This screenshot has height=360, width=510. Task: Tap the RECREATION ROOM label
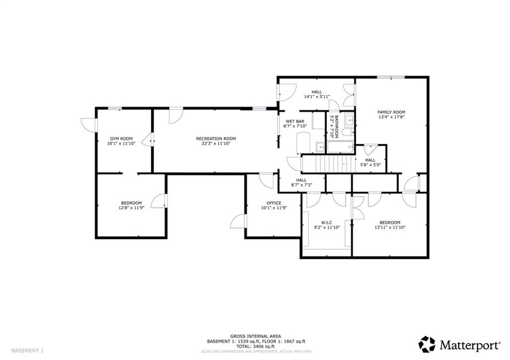216,138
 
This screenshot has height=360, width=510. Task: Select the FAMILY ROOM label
391,112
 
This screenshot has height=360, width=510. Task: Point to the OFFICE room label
273,203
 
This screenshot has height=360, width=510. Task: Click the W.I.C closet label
326,222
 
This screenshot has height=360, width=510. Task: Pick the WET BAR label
294,121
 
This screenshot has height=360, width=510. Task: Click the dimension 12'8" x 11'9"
131,208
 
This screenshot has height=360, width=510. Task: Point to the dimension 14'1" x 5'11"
317,97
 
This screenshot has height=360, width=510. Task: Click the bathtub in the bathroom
340,147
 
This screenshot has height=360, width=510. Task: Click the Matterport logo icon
426,344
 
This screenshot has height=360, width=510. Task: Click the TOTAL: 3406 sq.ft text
256,346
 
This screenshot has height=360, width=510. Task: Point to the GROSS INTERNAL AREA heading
256,336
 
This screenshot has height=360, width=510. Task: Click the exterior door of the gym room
88,125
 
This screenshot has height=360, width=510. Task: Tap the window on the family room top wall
391,77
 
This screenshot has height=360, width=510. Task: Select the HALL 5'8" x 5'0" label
370,162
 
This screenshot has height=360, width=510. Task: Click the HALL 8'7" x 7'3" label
301,183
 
